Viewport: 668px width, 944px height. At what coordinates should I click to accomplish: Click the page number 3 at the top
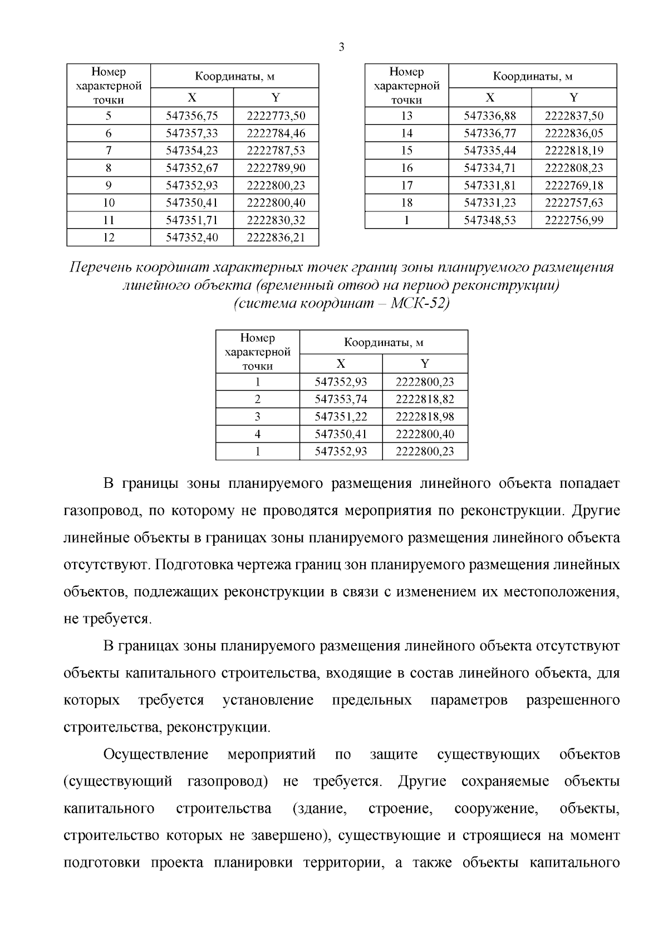coord(341,47)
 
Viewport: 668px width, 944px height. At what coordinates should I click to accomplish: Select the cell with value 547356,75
coord(192,116)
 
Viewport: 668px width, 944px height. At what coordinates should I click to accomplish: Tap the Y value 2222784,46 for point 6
coord(276,134)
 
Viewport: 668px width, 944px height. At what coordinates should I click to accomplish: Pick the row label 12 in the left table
coord(109,238)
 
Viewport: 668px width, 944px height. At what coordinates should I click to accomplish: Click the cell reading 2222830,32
coord(276,220)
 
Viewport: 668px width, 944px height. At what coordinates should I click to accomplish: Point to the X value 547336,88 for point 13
coord(490,116)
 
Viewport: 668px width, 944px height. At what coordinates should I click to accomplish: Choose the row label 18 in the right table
coord(406,203)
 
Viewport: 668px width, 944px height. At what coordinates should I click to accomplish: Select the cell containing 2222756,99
coord(574,220)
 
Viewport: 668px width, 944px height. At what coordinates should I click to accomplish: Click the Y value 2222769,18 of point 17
coord(574,185)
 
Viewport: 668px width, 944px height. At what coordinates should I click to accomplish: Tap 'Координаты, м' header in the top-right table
coord(533,76)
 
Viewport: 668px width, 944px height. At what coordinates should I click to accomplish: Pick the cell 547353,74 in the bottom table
coord(341,399)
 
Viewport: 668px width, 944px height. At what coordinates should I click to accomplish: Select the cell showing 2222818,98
coord(425,417)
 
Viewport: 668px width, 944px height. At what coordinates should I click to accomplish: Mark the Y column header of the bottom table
coord(425,364)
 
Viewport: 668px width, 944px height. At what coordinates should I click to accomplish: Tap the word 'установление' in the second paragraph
coord(268,700)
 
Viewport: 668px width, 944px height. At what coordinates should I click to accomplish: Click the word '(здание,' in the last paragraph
coord(320,808)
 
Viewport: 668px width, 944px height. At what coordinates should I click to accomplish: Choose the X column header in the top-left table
coord(192,98)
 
